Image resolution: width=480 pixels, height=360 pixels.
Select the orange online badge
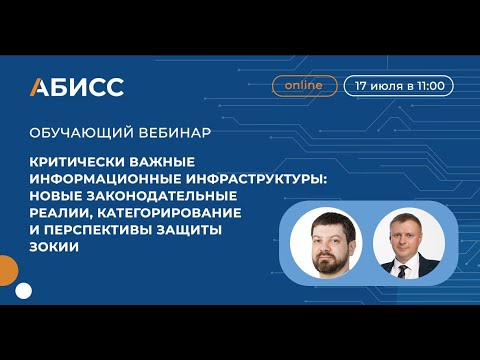click(303, 86)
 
